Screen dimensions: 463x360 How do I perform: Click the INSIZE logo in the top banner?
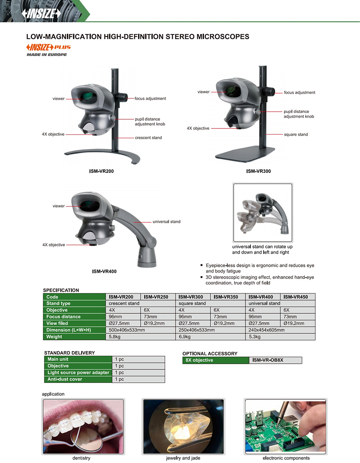click(x=41, y=14)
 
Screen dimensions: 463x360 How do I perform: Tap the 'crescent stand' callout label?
click(x=148, y=138)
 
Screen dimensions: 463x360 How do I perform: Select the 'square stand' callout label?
click(x=296, y=134)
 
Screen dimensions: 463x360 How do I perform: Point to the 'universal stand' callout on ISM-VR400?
click(x=166, y=221)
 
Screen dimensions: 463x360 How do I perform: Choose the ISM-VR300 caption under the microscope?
click(x=258, y=171)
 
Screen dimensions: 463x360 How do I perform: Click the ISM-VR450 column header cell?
click(x=298, y=297)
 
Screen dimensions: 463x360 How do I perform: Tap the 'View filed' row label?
click(x=58, y=323)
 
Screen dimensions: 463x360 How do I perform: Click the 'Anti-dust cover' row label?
click(x=65, y=379)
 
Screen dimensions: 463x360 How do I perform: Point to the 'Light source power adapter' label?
click(x=78, y=373)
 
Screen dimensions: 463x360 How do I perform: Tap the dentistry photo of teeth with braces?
click(x=84, y=426)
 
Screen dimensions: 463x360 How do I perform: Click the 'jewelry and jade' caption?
click(x=183, y=458)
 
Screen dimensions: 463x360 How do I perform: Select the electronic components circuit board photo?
click(x=286, y=426)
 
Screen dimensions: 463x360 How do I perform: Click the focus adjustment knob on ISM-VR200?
click(x=122, y=98)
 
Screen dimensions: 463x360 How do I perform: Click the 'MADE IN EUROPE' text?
click(x=47, y=54)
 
